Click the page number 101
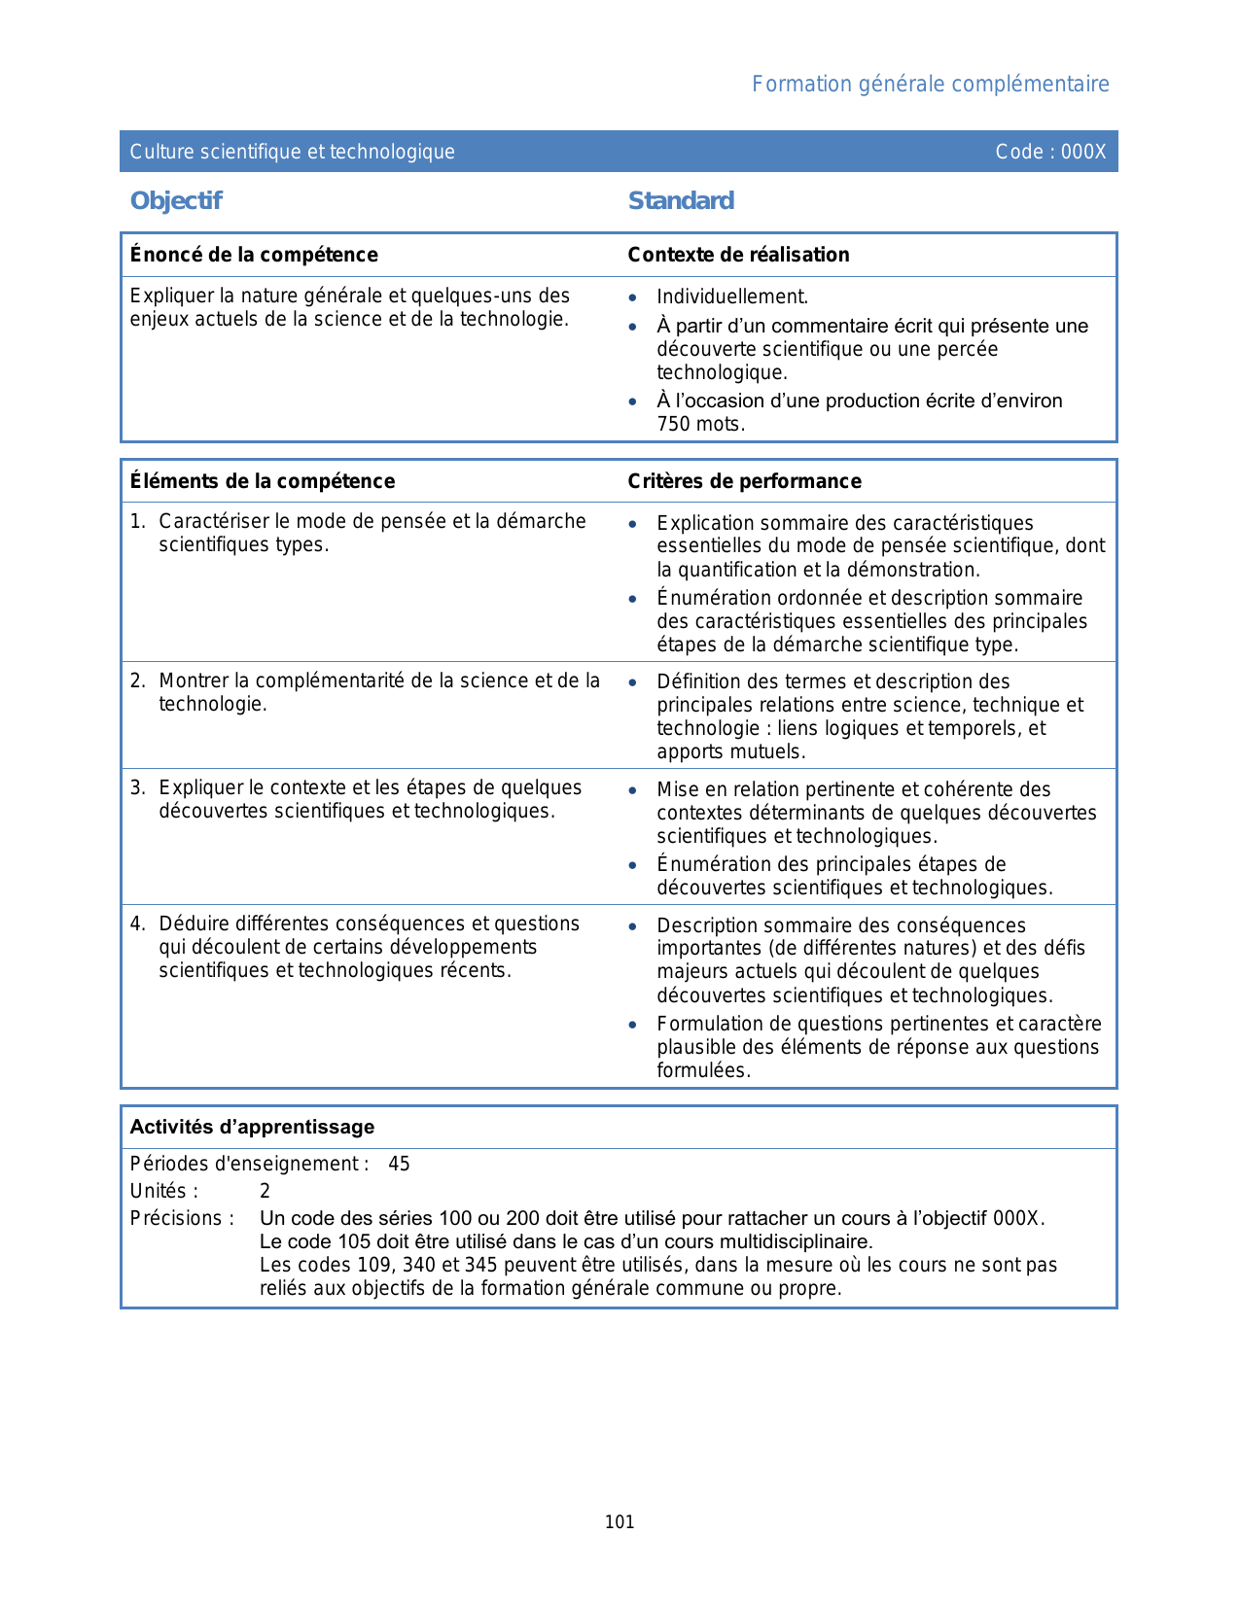coord(620,1522)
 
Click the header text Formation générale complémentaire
coord(930,85)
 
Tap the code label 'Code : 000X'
coord(1050,152)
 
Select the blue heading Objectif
coord(176,201)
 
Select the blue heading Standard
coord(681,201)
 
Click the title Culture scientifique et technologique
coord(292,152)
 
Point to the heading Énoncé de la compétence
coord(254,255)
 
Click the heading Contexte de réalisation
coord(738,255)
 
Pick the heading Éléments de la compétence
coord(263,481)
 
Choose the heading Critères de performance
coord(744,481)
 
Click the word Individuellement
coord(731,297)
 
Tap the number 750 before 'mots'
coord(673,425)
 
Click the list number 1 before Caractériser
coord(137,522)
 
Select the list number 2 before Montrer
coord(137,681)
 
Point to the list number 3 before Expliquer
coord(137,788)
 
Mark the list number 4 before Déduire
coord(137,924)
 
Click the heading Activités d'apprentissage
coord(252,1128)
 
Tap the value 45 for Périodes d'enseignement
coord(399,1165)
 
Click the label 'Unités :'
coord(163,1192)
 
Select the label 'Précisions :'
coord(182,1219)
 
